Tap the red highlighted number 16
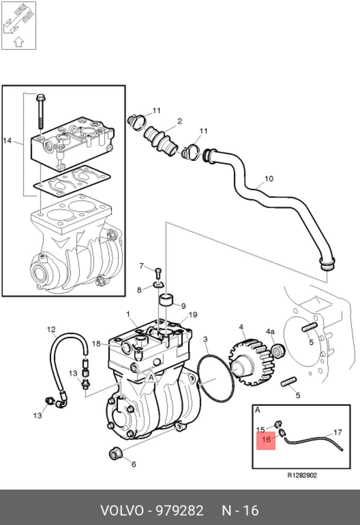tap(266, 439)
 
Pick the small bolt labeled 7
tap(158, 273)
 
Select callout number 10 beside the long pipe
tap(269, 179)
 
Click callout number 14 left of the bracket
tap(7, 141)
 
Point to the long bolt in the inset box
tap(41, 111)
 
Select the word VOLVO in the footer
tap(122, 510)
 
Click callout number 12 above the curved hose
tap(51, 329)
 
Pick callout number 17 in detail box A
tap(338, 432)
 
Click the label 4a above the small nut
tap(270, 331)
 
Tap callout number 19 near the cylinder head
tap(193, 315)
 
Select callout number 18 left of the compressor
tap(96, 343)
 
